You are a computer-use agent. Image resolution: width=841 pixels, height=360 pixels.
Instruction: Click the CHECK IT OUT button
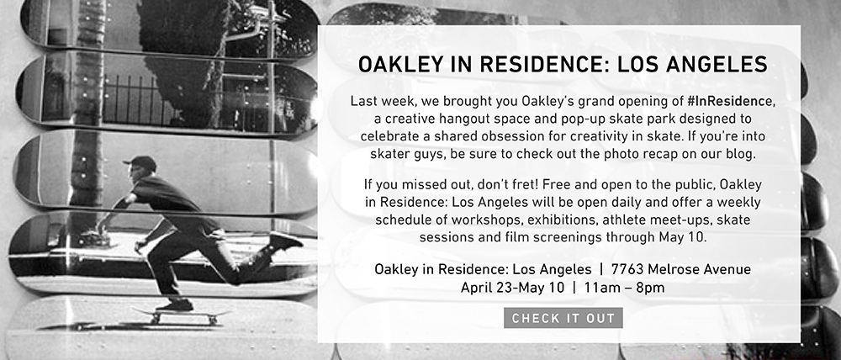click(x=563, y=318)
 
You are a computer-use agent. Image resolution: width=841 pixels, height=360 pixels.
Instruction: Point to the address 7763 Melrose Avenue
click(x=680, y=269)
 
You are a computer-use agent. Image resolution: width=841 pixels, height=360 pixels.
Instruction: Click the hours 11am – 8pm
click(x=624, y=288)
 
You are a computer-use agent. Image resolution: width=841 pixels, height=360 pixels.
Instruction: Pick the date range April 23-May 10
click(x=512, y=288)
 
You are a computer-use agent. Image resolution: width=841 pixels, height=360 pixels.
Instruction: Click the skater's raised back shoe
click(x=285, y=241)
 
